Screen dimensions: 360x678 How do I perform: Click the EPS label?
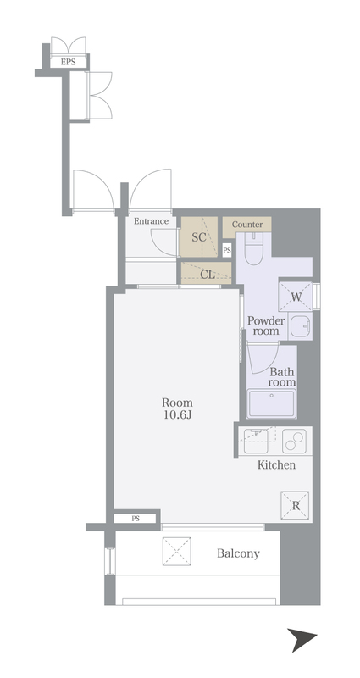pyautogui.click(x=68, y=62)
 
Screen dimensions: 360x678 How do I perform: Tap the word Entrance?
pyautogui.click(x=151, y=221)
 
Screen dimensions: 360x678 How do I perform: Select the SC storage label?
pyautogui.click(x=198, y=237)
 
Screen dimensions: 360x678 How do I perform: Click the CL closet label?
pyautogui.click(x=208, y=275)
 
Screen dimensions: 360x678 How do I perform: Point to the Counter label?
pyautogui.click(x=247, y=225)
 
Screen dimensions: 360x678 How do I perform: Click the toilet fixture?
pyautogui.click(x=253, y=248)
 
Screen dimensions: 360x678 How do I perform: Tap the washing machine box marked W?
pyautogui.click(x=296, y=296)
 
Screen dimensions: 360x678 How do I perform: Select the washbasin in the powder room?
pyautogui.click(x=300, y=325)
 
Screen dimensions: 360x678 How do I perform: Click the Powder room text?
pyautogui.click(x=266, y=326)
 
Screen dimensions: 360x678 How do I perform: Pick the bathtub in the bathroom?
pyautogui.click(x=271, y=403)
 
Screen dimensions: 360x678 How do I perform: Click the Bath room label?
pyautogui.click(x=282, y=377)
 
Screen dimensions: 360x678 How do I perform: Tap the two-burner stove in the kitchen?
pyautogui.click(x=294, y=441)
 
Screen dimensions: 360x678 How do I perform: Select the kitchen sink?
pyautogui.click(x=256, y=441)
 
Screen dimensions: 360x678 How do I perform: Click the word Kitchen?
pyautogui.click(x=277, y=465)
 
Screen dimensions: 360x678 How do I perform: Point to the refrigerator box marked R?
pyautogui.click(x=295, y=505)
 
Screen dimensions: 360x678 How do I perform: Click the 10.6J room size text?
pyautogui.click(x=177, y=415)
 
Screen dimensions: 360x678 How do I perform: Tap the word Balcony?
pyautogui.click(x=238, y=553)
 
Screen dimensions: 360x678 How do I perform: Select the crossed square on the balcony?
pyautogui.click(x=177, y=552)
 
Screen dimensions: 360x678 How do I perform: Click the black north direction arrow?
pyautogui.click(x=302, y=639)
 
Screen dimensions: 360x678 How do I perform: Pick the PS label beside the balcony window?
pyautogui.click(x=136, y=519)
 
